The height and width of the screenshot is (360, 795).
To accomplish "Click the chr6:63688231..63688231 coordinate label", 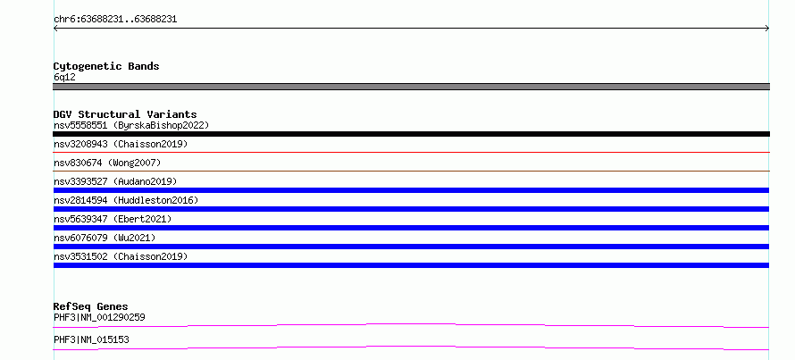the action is tap(115, 20).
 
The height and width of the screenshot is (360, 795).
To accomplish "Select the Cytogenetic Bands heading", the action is tap(106, 66).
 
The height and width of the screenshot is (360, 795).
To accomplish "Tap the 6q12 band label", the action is tap(64, 78).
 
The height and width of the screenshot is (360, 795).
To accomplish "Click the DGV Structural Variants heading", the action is tap(125, 114).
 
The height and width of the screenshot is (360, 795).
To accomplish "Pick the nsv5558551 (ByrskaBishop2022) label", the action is tap(131, 125).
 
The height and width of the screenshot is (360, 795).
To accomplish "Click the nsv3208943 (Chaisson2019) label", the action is tap(121, 144).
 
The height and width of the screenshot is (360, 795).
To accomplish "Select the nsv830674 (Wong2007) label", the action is tap(107, 163).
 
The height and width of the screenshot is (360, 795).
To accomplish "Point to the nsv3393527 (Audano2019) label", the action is tap(115, 181).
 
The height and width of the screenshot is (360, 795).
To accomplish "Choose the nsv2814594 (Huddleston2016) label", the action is tap(126, 200).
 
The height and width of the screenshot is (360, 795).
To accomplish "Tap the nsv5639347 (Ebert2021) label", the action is tap(113, 219).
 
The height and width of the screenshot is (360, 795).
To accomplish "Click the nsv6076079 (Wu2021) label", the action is tap(105, 238).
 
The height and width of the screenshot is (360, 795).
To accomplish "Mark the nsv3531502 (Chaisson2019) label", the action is tap(121, 256).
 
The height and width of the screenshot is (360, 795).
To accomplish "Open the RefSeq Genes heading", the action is tap(91, 306).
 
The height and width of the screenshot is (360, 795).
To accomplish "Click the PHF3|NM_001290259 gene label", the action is tap(99, 318).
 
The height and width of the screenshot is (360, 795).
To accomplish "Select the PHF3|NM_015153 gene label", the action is tap(91, 339).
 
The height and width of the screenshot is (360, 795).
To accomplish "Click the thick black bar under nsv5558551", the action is tap(411, 134).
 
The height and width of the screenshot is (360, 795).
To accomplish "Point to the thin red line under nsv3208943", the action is tap(411, 152).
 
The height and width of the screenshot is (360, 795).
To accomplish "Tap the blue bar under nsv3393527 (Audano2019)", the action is tap(411, 190).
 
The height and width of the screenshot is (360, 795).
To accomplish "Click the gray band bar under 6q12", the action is tap(411, 87).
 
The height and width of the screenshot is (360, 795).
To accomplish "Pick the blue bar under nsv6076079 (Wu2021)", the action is tap(411, 247).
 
